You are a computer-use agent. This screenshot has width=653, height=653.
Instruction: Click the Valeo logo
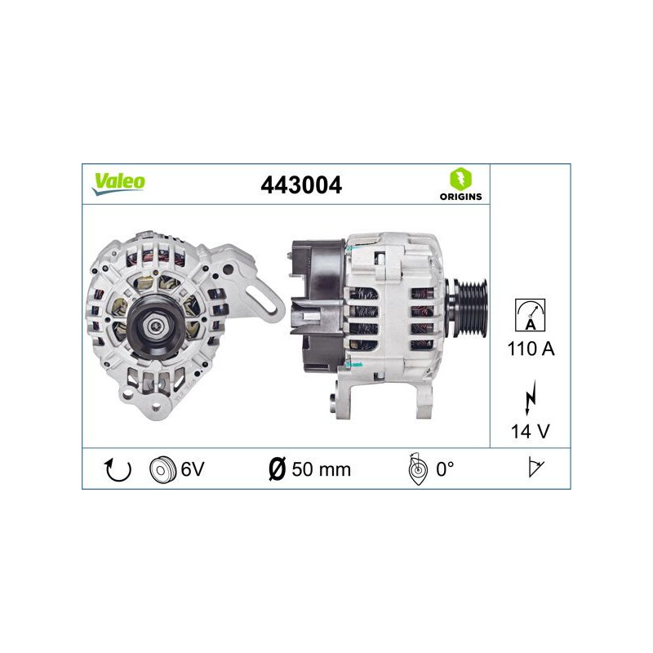pos(118,183)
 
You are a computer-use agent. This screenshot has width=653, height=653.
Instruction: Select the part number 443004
pos(300,184)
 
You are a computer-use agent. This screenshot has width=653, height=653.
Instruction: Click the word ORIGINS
pos(461,197)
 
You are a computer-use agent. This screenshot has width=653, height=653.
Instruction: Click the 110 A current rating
pos(531,350)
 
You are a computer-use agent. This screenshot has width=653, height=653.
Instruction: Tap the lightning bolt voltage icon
pos(531,398)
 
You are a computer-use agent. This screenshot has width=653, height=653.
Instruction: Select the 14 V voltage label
pos(531,431)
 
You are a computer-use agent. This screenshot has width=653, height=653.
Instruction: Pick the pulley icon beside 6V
pos(162,469)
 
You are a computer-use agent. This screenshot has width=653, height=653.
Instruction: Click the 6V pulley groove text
pos(193,469)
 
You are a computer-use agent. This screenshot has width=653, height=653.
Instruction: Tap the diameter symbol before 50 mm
pos(277,469)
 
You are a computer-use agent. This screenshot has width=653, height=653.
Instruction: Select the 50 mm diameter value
pos(321,469)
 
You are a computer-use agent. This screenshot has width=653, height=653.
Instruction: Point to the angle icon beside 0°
pos(416,469)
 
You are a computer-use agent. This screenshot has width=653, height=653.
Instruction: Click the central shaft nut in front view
pos(153,326)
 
